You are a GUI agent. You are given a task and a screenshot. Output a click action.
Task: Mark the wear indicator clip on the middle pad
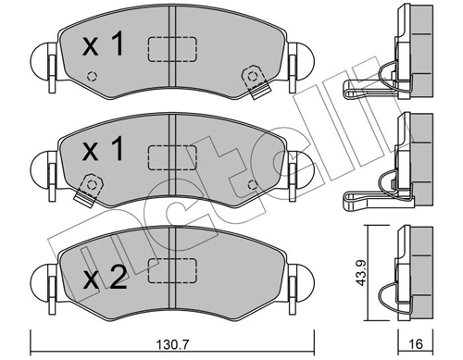coord(89,189)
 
